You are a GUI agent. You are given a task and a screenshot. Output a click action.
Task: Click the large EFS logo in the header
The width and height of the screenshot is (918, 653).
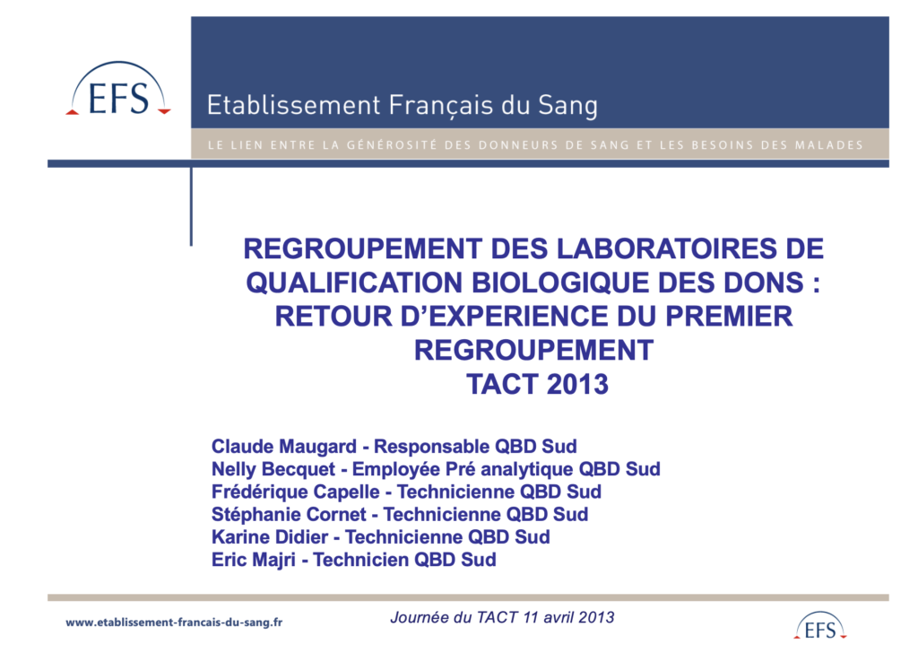point(118,89)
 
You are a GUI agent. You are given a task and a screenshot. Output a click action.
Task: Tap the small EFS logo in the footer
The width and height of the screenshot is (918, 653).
point(820,625)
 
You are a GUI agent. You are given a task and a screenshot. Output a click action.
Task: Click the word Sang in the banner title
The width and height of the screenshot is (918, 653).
point(567,106)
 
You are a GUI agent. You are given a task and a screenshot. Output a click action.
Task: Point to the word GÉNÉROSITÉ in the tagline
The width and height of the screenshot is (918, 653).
point(392,144)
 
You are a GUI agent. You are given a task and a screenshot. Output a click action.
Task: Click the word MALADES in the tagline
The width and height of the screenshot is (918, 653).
point(828,144)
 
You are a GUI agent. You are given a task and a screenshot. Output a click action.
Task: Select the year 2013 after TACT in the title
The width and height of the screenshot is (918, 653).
point(577,384)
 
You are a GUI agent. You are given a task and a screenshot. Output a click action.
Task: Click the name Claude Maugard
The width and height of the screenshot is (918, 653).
point(284,447)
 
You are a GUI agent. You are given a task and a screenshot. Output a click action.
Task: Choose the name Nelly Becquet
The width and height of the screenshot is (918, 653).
point(273,469)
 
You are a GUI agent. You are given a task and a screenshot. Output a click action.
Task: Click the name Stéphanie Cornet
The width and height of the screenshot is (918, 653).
point(289,514)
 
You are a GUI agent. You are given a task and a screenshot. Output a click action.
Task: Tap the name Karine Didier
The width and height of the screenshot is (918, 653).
point(270,537)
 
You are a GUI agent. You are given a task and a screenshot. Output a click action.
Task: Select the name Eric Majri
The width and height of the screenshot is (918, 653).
point(254,560)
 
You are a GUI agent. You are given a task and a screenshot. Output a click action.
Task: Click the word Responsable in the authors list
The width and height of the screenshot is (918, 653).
point(432,447)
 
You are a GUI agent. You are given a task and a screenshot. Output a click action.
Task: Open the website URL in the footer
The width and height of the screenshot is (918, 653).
point(174,623)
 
